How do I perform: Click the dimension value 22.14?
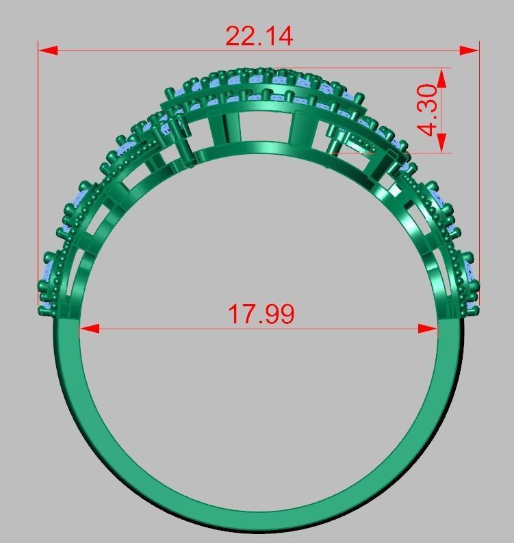click(x=259, y=36)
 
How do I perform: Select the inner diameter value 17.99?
click(x=261, y=314)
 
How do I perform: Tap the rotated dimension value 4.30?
click(x=428, y=110)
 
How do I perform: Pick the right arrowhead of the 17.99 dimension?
click(x=428, y=329)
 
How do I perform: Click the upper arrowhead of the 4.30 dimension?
click(x=441, y=77)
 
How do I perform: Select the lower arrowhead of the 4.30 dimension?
click(x=441, y=142)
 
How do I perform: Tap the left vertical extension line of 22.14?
click(x=38, y=171)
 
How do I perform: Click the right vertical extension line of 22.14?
click(x=479, y=171)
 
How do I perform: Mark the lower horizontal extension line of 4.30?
click(x=411, y=152)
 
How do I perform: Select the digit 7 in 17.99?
click(x=246, y=314)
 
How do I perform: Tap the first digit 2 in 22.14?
click(x=234, y=36)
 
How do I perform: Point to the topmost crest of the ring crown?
click(x=257, y=70)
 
